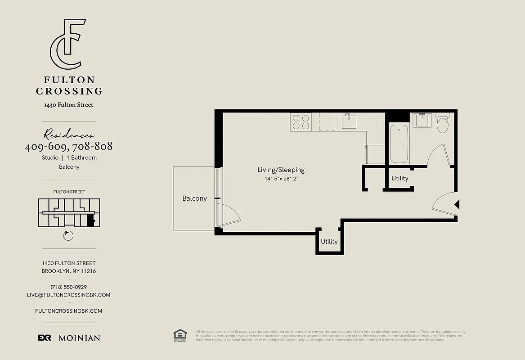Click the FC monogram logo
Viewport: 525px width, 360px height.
point(67,44)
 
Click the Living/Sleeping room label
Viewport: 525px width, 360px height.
point(281,170)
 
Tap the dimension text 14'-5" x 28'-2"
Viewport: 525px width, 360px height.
point(282,179)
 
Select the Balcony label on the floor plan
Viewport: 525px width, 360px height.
point(194,198)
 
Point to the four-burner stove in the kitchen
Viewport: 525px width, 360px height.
point(301,122)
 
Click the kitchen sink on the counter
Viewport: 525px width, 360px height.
point(349,121)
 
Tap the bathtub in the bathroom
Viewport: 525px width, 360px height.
point(399,143)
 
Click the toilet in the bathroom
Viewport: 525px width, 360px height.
point(443,123)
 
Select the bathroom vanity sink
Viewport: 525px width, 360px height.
point(422,120)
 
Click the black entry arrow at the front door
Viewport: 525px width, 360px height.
point(457,205)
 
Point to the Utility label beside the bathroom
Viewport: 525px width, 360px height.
point(399,178)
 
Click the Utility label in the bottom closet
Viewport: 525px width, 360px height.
point(329,242)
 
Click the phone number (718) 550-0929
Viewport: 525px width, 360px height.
point(69,287)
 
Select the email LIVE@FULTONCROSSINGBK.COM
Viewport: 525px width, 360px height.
point(69,295)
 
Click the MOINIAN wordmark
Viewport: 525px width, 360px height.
point(79,338)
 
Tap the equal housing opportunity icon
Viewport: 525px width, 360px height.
point(180,335)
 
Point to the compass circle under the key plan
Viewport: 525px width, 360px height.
point(68,235)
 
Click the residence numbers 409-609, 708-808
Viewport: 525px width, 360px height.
point(69,146)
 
